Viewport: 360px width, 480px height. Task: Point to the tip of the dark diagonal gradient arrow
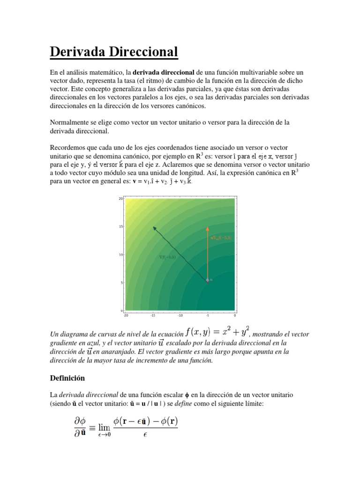click(154, 227)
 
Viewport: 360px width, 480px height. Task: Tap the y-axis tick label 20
click(120, 199)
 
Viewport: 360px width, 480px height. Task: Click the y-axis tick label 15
click(120, 227)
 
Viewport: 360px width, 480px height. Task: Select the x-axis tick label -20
click(125, 315)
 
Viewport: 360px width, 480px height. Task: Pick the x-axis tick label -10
click(180, 315)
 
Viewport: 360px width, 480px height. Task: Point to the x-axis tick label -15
click(152, 315)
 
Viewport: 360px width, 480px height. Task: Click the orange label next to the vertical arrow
click(221, 238)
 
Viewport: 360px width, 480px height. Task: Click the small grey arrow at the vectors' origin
click(208, 280)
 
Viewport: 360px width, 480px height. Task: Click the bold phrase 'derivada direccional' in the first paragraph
click(164, 73)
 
